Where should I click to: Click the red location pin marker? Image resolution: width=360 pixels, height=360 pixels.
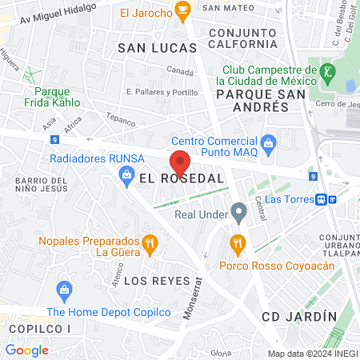(x=180, y=162)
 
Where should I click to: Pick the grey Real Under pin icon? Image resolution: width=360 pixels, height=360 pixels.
(x=238, y=213)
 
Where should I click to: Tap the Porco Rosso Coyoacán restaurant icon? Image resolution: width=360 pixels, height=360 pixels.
(x=236, y=242)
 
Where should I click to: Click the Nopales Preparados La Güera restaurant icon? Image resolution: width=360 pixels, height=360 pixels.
(x=149, y=244)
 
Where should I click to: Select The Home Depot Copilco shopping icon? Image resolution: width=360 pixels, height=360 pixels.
(x=63, y=289)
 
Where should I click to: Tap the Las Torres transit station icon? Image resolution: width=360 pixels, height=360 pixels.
(x=322, y=198)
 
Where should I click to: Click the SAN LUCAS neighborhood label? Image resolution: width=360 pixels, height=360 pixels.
(x=157, y=48)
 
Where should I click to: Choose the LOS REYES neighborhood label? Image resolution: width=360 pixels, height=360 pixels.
(x=157, y=281)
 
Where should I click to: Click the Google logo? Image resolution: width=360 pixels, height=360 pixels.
(x=26, y=350)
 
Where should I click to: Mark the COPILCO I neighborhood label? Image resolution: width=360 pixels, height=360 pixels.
(x=35, y=329)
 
